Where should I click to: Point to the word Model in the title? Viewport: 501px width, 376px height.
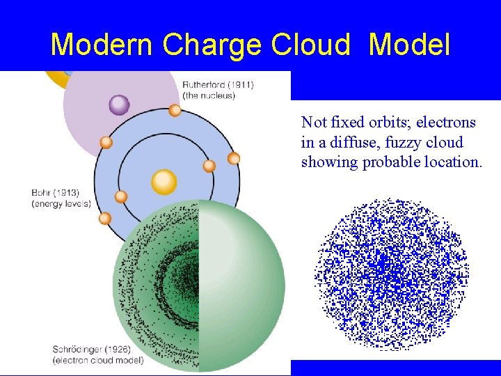point(409,45)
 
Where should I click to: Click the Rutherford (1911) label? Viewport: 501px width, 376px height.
point(218,85)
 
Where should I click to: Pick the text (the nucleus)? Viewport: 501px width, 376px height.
point(209,95)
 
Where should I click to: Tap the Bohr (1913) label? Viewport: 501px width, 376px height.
point(56,193)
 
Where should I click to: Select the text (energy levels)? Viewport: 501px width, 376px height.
point(61,203)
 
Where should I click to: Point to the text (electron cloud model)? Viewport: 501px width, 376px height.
point(98,360)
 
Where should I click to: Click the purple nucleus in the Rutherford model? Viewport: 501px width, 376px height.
point(120,105)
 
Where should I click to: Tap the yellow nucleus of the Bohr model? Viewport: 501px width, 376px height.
point(164,182)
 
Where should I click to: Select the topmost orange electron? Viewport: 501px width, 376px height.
point(175,110)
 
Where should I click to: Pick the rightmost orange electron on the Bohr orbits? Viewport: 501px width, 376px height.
point(234,158)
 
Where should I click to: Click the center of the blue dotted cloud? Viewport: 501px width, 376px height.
point(391,274)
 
